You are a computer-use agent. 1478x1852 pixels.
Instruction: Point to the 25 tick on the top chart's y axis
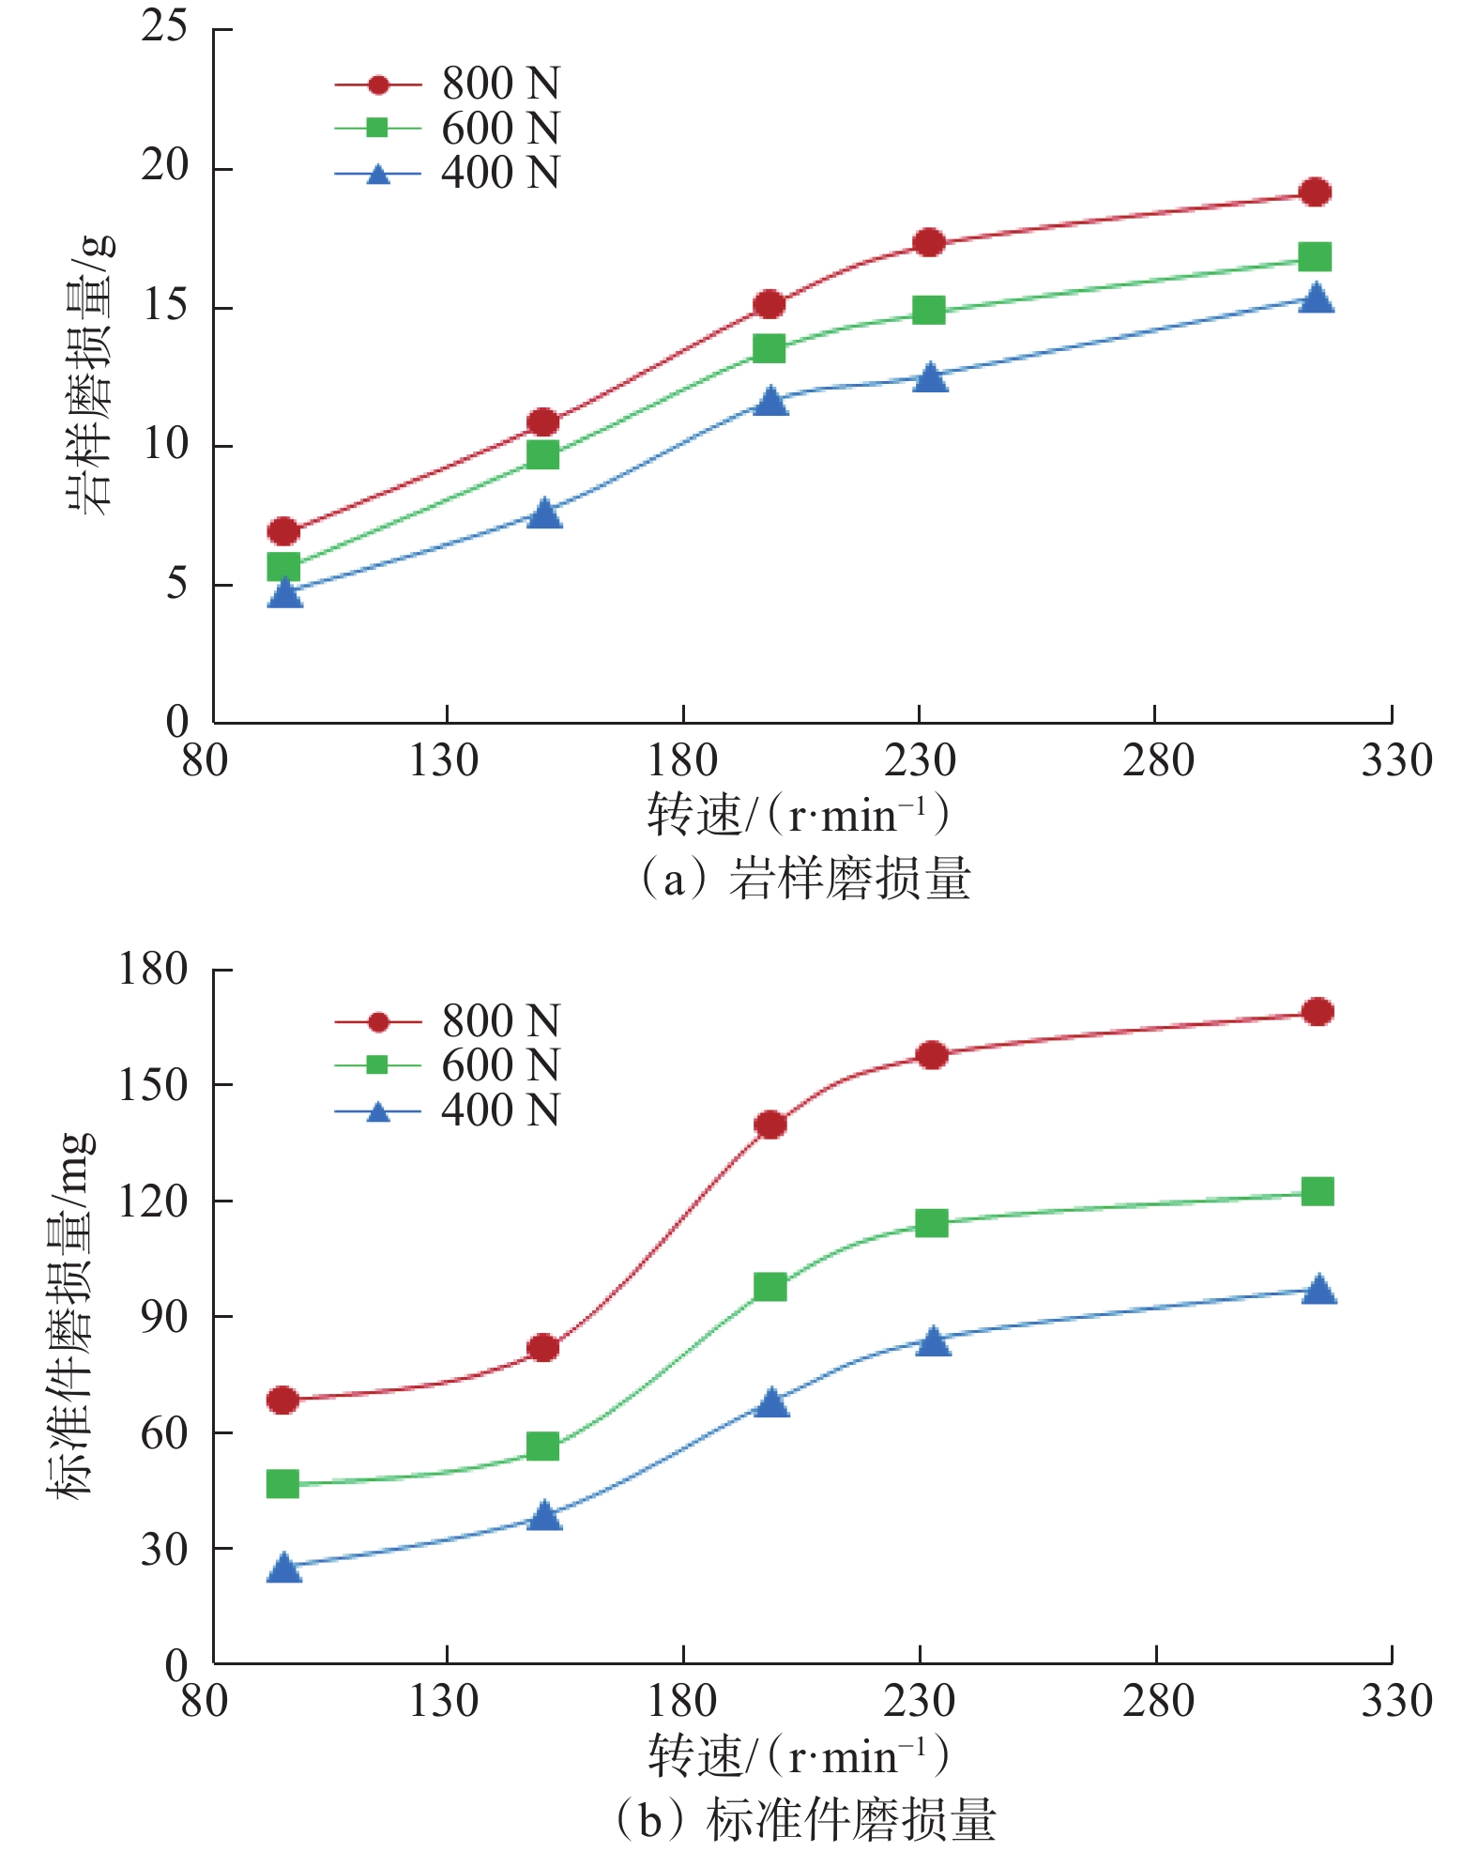[165, 26]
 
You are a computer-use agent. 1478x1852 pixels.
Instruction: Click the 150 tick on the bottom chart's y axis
[153, 1085]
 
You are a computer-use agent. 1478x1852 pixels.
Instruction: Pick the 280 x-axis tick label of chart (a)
[1158, 760]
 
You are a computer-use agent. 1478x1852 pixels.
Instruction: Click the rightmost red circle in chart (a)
[1315, 192]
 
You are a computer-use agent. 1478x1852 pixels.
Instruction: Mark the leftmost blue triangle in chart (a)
[284, 593]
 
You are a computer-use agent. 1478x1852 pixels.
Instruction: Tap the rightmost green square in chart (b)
[1318, 1191]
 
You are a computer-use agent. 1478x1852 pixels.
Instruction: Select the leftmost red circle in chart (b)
[282, 1400]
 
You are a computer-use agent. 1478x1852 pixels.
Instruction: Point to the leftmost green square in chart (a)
[283, 566]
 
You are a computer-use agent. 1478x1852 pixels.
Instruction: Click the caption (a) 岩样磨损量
[805, 880]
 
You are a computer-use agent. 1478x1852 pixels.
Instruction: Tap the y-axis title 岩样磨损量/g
[90, 375]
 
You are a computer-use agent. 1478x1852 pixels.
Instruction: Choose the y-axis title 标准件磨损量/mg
[71, 1314]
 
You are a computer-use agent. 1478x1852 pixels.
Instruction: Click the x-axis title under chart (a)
[798, 815]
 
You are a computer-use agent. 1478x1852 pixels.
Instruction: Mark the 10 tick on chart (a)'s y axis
[165, 445]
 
